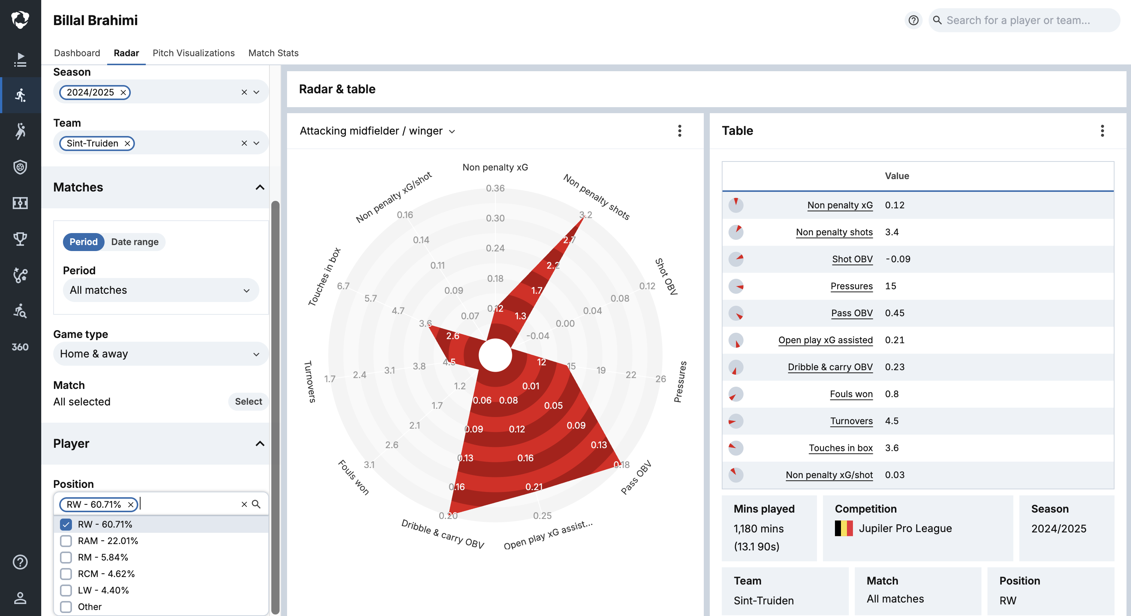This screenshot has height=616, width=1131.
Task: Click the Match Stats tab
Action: [273, 53]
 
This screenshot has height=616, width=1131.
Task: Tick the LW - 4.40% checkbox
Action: [66, 590]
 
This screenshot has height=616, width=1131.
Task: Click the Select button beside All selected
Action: [248, 401]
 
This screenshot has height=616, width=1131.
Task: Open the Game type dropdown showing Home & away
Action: [160, 354]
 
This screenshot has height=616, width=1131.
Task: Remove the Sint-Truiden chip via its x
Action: [127, 143]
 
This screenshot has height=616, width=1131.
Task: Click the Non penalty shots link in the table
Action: [834, 232]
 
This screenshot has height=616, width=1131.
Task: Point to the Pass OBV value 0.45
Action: [895, 313]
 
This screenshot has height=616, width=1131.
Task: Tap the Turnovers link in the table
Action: [851, 421]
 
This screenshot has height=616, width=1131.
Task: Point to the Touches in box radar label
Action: [324, 277]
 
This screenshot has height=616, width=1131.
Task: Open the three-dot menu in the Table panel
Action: [1102, 131]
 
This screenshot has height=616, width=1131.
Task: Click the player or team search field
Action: [1023, 20]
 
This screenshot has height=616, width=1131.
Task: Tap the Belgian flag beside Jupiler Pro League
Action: [844, 528]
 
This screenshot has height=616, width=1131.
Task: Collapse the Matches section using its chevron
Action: [260, 187]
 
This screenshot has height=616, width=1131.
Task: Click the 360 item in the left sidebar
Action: [20, 347]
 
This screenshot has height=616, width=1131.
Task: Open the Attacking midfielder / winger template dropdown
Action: [378, 131]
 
